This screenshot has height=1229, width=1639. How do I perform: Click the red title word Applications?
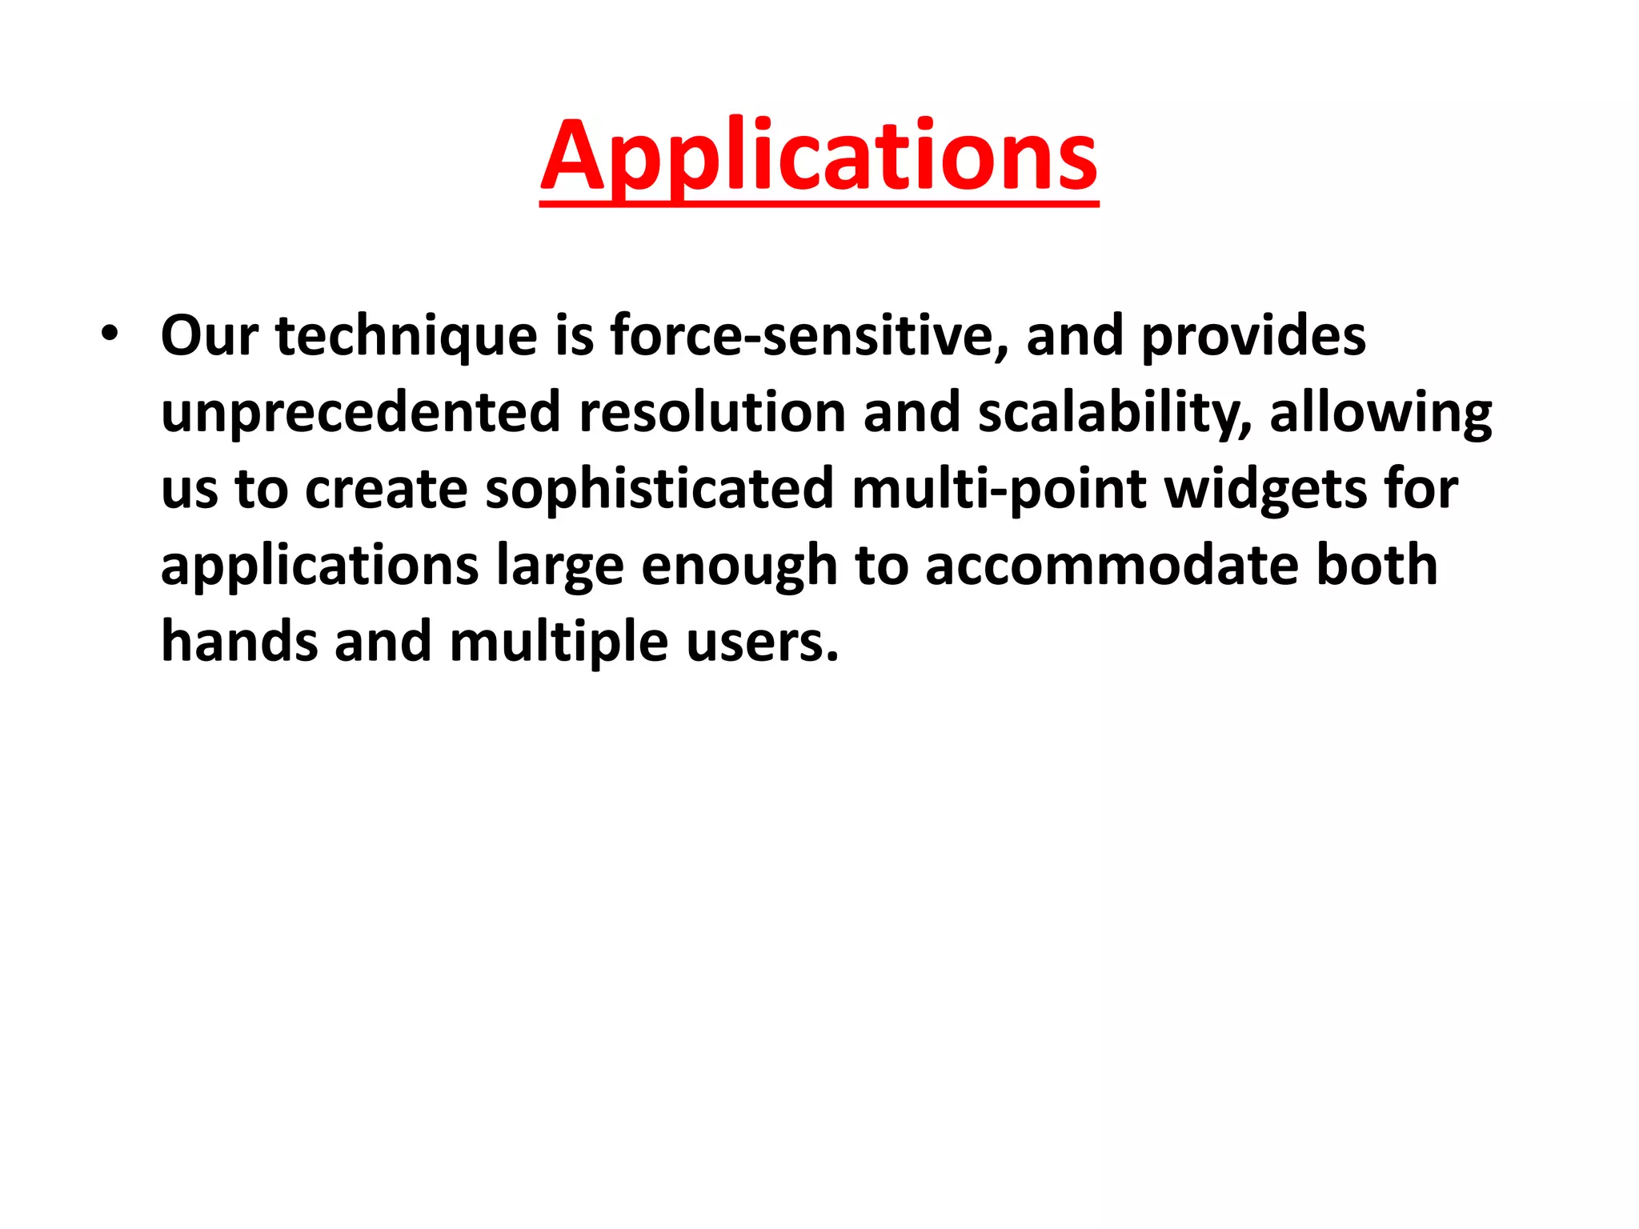pos(819,156)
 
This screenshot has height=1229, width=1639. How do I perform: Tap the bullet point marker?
pos(110,334)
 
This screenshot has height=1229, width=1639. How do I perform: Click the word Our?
pos(209,335)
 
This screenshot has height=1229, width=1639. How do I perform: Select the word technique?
pos(407,337)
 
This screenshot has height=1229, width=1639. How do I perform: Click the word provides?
pos(1253,337)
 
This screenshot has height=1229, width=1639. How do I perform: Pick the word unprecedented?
pos(361,412)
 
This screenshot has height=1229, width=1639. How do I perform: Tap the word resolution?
pos(712,412)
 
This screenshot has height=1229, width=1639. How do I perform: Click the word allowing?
pos(1381,414)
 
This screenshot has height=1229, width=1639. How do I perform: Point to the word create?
pos(387,489)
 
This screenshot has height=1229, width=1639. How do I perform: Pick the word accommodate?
pos(1112,566)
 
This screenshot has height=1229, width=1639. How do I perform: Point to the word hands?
pos(239,642)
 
